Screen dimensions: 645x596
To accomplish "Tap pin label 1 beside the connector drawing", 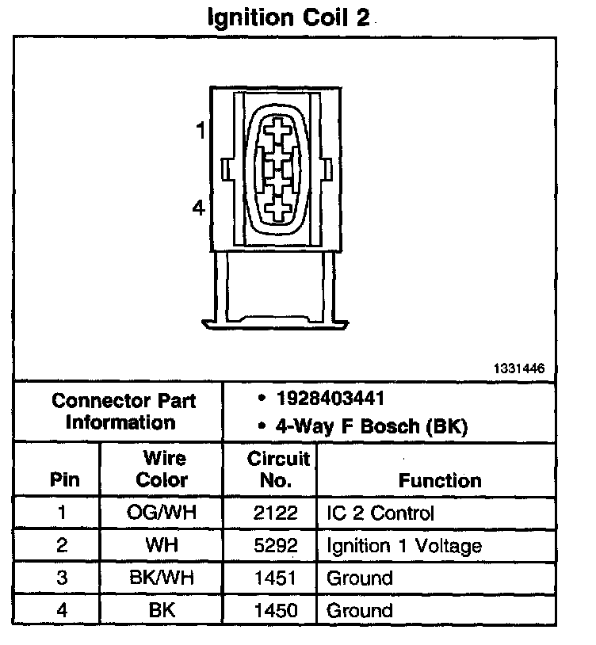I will tap(201, 130).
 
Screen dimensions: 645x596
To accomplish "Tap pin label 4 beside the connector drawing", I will tap(199, 208).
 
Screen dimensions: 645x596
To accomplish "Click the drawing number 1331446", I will tap(519, 368).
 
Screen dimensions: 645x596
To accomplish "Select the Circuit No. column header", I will tap(279, 469).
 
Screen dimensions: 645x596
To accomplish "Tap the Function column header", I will tap(440, 480).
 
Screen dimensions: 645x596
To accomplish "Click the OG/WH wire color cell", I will tap(162, 513).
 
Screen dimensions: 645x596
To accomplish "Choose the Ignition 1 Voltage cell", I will tap(404, 545).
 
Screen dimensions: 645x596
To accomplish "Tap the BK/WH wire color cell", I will tap(162, 578).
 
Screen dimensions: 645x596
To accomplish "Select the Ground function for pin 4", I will tap(359, 610).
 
